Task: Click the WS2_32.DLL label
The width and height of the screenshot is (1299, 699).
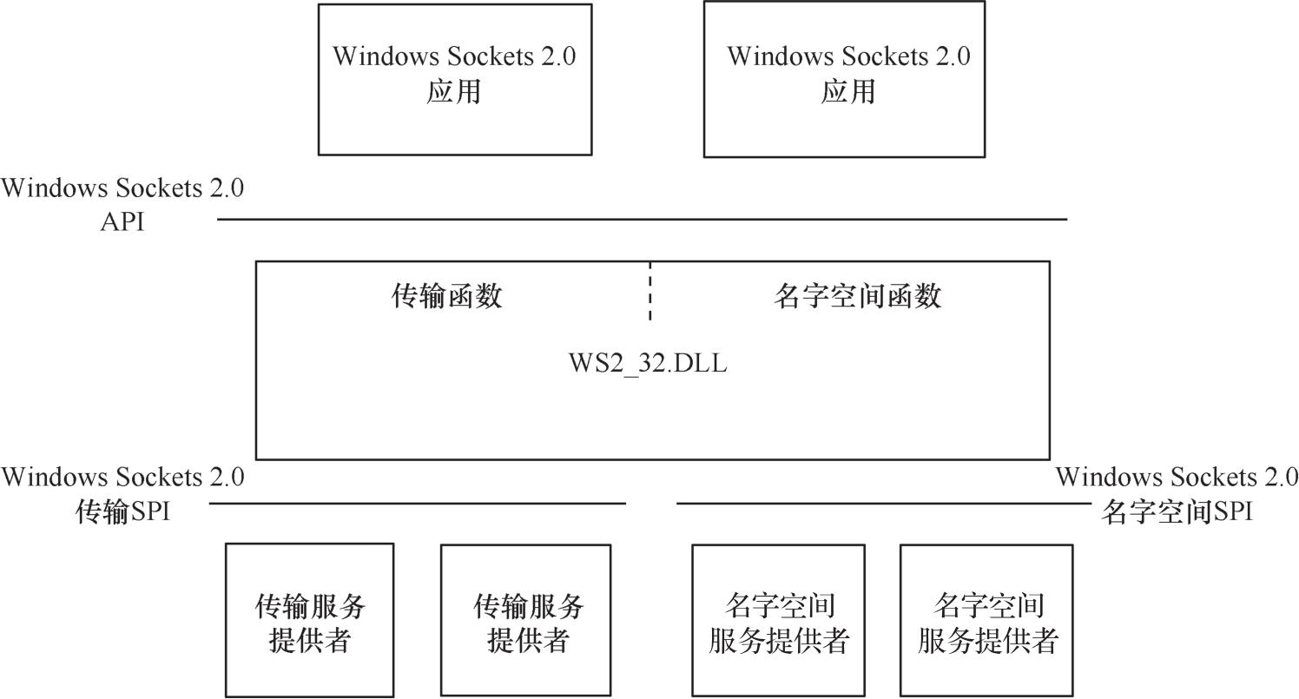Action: [648, 363]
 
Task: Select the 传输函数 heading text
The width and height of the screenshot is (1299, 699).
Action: [446, 297]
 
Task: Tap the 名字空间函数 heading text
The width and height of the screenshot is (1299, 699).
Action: [857, 297]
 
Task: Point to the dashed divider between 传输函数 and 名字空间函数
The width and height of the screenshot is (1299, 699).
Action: [649, 292]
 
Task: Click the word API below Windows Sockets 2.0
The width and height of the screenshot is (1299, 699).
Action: [122, 222]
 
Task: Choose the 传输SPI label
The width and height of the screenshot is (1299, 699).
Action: [122, 512]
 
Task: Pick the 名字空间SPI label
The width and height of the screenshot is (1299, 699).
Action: [1177, 512]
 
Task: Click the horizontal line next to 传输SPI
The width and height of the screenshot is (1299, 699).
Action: [417, 503]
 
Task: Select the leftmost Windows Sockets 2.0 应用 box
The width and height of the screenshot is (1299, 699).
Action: [455, 79]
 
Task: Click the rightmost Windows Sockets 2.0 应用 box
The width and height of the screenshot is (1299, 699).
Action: [844, 79]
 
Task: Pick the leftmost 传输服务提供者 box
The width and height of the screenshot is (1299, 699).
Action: [309, 620]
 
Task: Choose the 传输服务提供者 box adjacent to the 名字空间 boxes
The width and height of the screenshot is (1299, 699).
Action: [525, 620]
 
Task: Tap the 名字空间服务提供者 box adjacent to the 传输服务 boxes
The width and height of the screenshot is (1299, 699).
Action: [778, 620]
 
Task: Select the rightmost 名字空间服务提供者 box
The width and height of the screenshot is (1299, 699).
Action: [986, 620]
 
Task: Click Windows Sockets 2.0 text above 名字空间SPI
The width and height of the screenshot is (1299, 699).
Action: [1177, 477]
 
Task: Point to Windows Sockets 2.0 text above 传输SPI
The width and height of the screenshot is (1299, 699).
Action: [122, 477]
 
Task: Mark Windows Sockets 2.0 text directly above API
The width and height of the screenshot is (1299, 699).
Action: [122, 188]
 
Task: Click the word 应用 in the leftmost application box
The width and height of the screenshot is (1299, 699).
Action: [453, 92]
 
